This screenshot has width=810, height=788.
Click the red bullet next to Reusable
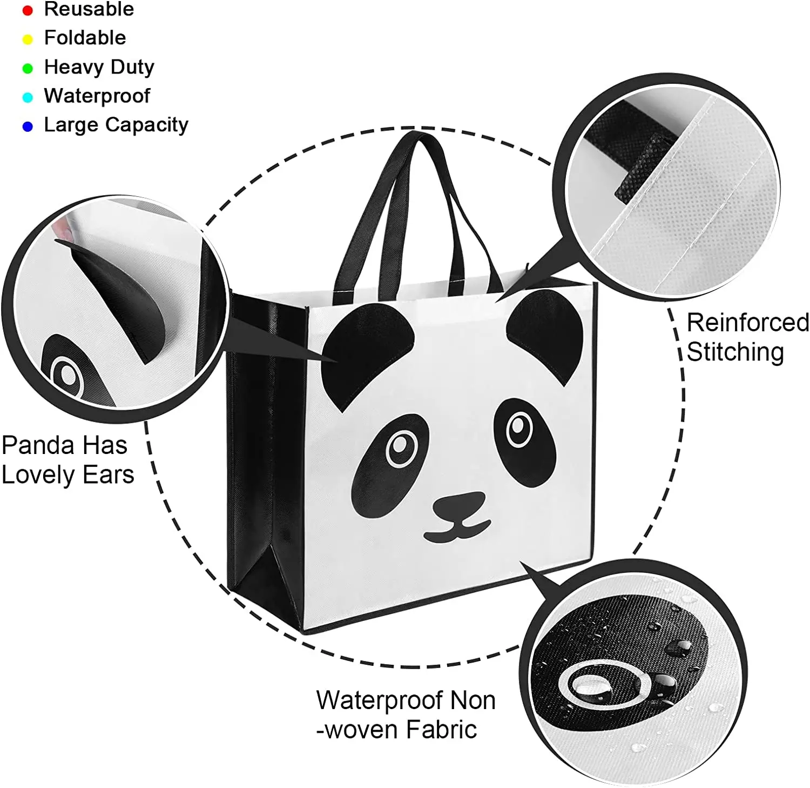28,10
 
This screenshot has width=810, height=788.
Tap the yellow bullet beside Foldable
28,39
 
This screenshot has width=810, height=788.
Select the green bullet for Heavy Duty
28,68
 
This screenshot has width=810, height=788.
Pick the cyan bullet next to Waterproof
28,97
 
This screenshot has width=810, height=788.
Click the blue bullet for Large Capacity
28,126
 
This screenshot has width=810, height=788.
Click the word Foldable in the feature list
85,38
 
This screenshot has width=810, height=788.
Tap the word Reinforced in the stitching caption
747,323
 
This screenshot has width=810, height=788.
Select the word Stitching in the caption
735,352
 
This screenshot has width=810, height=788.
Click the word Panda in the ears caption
37,446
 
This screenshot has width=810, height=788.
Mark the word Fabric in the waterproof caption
441,730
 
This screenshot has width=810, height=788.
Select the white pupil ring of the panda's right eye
519,429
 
